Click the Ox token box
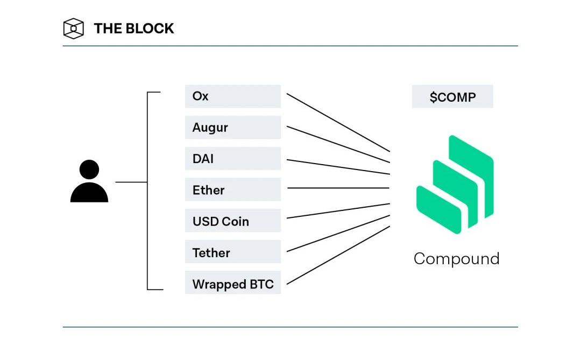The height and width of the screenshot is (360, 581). (x=232, y=96)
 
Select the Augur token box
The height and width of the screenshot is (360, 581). (x=232, y=128)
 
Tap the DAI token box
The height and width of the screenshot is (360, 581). (x=232, y=159)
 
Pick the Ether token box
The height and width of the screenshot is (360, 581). (x=232, y=189)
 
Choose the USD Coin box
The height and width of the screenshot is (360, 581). (x=232, y=221)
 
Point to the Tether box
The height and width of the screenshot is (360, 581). (x=232, y=252)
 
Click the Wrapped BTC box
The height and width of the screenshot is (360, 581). (x=232, y=283)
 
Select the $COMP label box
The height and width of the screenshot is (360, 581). (x=452, y=97)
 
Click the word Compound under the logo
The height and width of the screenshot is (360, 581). (x=456, y=259)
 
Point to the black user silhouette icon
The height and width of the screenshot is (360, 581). (x=89, y=182)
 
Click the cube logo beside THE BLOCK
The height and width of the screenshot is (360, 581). (x=74, y=29)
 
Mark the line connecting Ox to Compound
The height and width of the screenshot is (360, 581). (x=338, y=122)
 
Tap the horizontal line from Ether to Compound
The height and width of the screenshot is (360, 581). (x=338, y=188)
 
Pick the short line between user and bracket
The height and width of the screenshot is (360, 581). (x=131, y=182)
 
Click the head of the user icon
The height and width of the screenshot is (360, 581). (x=89, y=170)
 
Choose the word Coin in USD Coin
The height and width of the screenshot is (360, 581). (x=236, y=221)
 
